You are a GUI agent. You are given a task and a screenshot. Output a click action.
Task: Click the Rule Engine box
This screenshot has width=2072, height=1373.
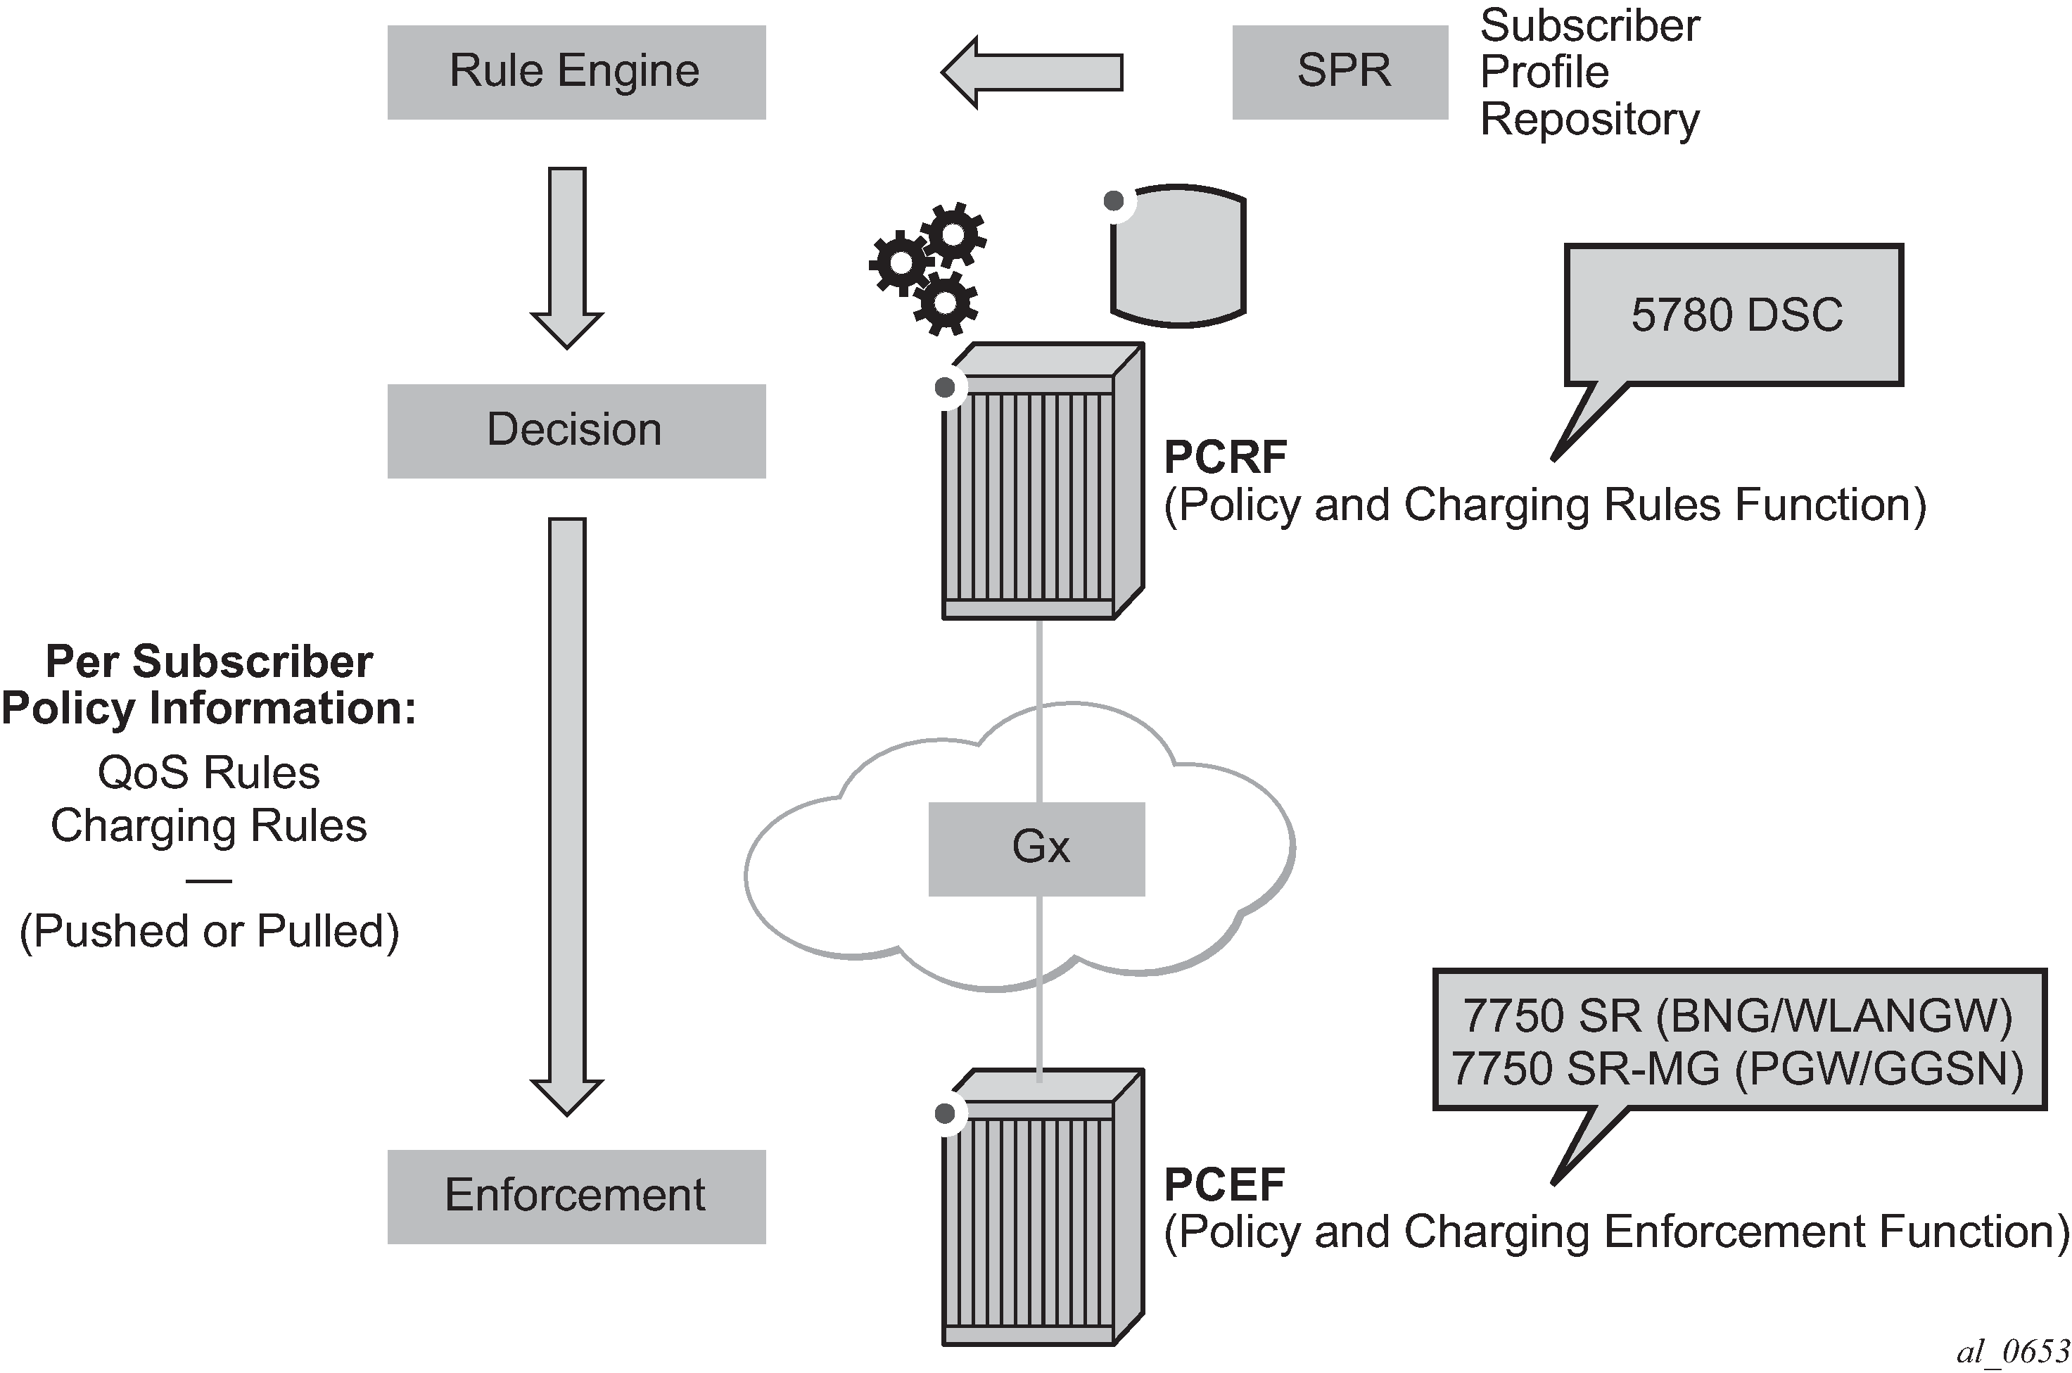576,72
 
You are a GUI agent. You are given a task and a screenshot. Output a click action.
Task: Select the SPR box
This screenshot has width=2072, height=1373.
1340,72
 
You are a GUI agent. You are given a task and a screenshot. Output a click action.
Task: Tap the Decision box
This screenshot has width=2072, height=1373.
576,431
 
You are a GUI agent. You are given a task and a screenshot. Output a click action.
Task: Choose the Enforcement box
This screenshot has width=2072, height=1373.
576,1196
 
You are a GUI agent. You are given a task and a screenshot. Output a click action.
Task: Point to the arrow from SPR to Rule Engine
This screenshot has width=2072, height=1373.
1033,72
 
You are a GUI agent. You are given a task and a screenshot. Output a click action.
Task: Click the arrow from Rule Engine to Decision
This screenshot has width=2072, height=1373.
567,258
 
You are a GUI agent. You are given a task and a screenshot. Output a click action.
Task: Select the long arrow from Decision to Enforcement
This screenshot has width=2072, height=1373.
567,814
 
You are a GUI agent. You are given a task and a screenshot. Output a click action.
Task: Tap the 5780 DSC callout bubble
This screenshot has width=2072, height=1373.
1735,315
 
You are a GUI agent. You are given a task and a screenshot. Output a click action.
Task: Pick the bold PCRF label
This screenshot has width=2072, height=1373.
1226,457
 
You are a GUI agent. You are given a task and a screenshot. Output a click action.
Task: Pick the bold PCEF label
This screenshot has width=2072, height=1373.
1224,1184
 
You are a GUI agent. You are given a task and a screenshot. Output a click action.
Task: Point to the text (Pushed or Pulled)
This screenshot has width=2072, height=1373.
209,931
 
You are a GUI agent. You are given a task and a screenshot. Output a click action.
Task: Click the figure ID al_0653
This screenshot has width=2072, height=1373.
2012,1352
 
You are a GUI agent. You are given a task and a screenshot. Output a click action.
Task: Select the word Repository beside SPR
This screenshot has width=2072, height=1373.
1589,119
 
